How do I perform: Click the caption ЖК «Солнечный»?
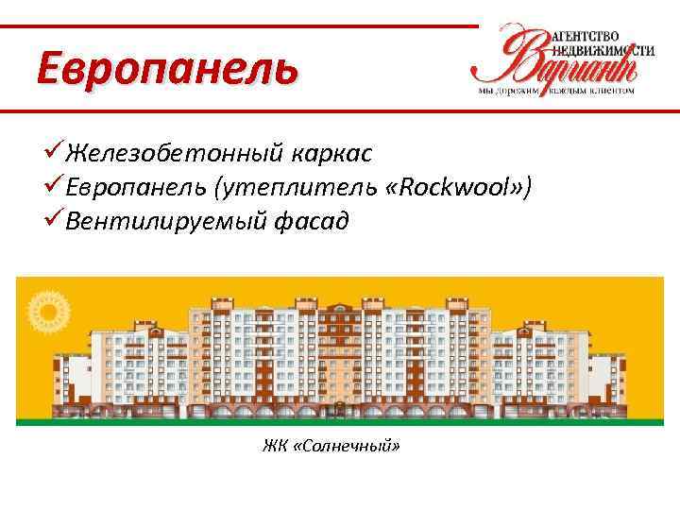[x=331, y=443]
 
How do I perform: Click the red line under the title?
[x=340, y=112]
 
